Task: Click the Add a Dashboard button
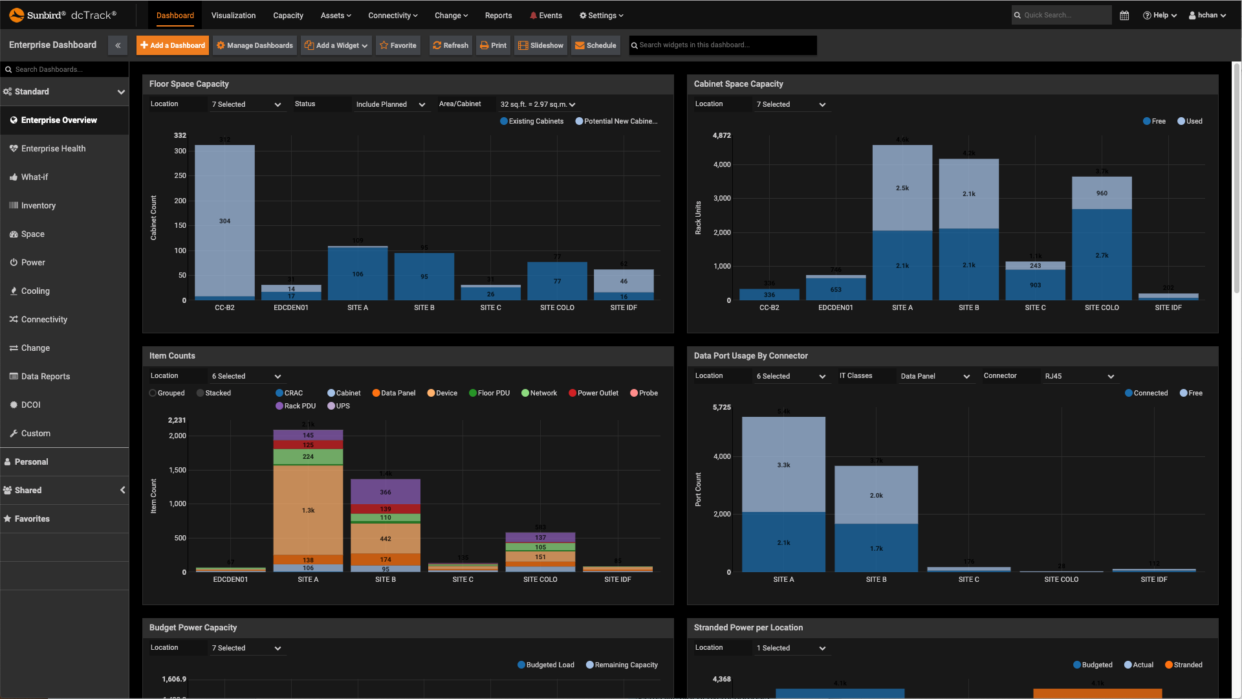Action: coord(173,45)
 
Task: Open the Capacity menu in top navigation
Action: coord(288,16)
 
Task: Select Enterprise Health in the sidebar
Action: coord(53,149)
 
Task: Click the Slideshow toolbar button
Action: coord(541,45)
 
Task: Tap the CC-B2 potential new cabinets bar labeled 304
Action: coord(224,221)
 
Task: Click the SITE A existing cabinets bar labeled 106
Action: coord(358,274)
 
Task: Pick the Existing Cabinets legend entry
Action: coord(532,122)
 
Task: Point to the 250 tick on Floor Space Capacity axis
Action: coord(180,176)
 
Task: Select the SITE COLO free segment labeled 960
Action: coord(1102,194)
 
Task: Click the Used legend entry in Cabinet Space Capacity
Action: coord(1190,122)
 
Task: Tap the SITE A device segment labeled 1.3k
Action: coord(308,511)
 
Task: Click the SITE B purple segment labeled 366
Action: coord(386,493)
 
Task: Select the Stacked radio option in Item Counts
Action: coord(213,394)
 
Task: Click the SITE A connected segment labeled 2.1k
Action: coord(783,543)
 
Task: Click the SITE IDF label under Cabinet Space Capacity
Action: coord(1168,308)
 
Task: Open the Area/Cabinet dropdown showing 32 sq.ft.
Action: coord(537,105)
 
